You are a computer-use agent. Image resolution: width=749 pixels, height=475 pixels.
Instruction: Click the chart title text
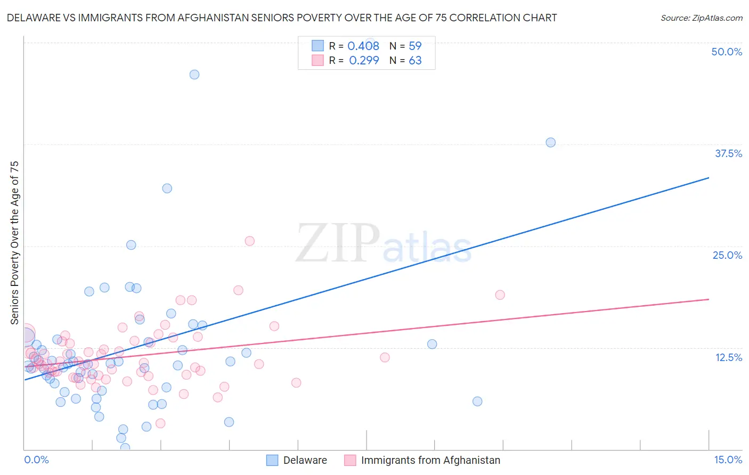point(282,18)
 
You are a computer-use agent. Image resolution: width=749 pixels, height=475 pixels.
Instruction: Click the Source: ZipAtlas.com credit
point(701,18)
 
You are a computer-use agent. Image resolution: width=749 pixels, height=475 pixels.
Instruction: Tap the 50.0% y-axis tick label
point(727,52)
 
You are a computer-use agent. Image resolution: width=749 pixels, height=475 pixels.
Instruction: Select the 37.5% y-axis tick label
point(728,153)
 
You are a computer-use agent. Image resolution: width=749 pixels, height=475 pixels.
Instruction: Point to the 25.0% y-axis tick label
point(727,255)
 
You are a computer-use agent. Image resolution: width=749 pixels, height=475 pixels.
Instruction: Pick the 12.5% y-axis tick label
point(728,357)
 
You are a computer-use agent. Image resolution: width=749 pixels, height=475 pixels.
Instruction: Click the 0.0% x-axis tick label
point(36,460)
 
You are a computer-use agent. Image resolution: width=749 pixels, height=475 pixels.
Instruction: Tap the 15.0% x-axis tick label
point(728,460)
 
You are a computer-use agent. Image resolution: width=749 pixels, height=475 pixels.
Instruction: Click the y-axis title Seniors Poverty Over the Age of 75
point(14,243)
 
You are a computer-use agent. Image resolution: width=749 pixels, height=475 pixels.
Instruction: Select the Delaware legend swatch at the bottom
point(272,460)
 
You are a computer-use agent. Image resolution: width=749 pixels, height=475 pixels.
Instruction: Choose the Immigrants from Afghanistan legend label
point(430,460)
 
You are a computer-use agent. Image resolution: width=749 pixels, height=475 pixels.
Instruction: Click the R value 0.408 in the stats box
point(363,46)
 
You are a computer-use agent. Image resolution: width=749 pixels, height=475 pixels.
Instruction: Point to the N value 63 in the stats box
point(415,61)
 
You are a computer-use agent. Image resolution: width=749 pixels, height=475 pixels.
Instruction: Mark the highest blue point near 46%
point(194,75)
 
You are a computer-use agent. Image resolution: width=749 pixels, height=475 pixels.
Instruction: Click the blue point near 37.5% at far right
point(551,142)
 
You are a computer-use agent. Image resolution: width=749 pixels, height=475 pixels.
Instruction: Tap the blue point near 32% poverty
point(167,188)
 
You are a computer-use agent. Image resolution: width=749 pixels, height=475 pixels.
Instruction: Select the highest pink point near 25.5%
point(249,241)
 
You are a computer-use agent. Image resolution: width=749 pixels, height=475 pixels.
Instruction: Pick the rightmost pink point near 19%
point(500,294)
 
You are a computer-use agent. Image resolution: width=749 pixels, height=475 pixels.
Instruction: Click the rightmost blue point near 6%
point(477,401)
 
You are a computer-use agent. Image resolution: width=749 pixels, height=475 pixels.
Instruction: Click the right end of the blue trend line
point(709,177)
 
